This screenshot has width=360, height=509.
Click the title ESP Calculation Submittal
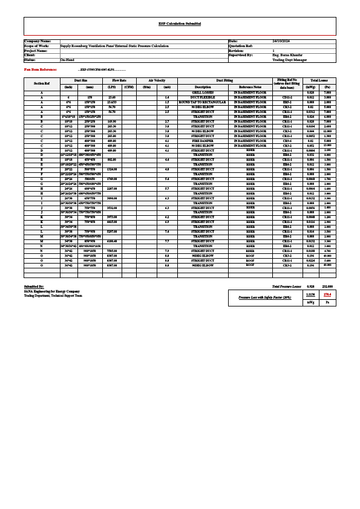point(179,23)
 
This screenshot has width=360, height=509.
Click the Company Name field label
point(38,41)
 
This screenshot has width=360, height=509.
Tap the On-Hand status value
point(67,60)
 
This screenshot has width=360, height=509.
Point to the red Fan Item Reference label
point(41,70)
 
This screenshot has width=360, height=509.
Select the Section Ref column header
point(42,83)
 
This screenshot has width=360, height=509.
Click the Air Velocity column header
point(156,80)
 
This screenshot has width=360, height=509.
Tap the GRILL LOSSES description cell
point(203,92)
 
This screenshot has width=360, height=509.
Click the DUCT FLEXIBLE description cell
point(203,97)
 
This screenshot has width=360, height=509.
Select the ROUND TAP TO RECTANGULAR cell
point(203,102)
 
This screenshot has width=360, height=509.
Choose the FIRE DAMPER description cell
point(203,141)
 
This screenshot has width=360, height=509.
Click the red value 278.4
point(327,294)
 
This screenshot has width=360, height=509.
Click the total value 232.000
point(327,286)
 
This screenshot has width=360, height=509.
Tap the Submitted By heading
point(34,286)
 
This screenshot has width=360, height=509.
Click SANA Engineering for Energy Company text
point(51,291)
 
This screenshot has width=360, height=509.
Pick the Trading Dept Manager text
point(290,60)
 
